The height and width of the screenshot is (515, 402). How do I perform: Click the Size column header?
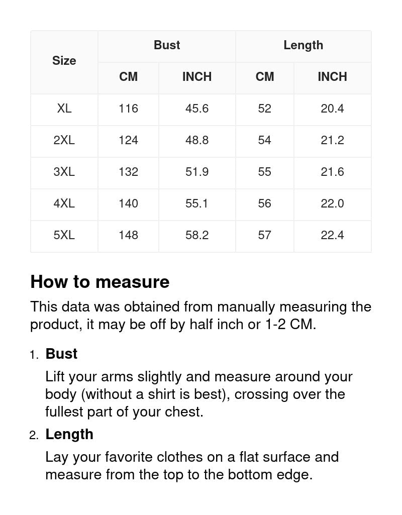(x=64, y=61)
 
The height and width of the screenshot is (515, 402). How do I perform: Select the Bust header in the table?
(x=167, y=45)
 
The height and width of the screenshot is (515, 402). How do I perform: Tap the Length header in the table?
(x=303, y=45)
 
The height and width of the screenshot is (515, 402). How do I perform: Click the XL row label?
(x=64, y=109)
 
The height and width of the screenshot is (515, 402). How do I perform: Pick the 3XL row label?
(x=64, y=172)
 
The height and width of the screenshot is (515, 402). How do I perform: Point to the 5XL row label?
(x=64, y=235)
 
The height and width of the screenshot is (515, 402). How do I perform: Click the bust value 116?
(x=128, y=109)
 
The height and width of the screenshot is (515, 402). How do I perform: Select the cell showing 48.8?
(x=197, y=140)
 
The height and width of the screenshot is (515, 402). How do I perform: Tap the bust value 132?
(x=128, y=172)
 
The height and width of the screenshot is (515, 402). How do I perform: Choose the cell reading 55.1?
(x=197, y=203)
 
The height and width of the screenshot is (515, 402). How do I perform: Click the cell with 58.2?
(x=197, y=235)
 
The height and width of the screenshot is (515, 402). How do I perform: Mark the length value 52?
(x=264, y=109)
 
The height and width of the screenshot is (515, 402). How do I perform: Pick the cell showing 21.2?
(x=332, y=140)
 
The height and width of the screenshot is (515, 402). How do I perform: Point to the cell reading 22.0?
(x=332, y=203)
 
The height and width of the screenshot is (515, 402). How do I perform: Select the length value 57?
(x=264, y=235)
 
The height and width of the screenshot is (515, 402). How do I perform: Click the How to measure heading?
(x=100, y=282)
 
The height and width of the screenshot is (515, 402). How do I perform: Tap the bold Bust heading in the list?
(x=61, y=354)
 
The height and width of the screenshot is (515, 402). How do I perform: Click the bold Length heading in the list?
(x=69, y=434)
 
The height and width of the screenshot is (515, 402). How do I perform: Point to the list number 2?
(x=33, y=436)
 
